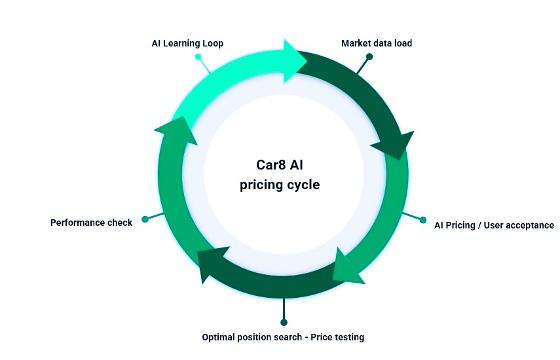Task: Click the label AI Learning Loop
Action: tap(187, 44)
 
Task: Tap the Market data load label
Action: tap(377, 44)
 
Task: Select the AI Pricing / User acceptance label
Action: tap(494, 225)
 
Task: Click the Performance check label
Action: tap(91, 223)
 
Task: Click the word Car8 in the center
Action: tap(269, 166)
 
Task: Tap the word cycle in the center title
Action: tap(302, 185)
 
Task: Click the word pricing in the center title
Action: tap(260, 185)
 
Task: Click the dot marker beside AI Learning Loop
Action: tap(198, 57)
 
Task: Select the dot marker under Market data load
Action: tap(369, 57)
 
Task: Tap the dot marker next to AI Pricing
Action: tap(422, 219)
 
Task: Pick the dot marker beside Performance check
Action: tap(145, 219)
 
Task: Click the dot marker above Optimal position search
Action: tap(283, 322)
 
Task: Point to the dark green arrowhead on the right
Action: tap(397, 145)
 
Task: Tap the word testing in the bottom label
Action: tap(347, 337)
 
